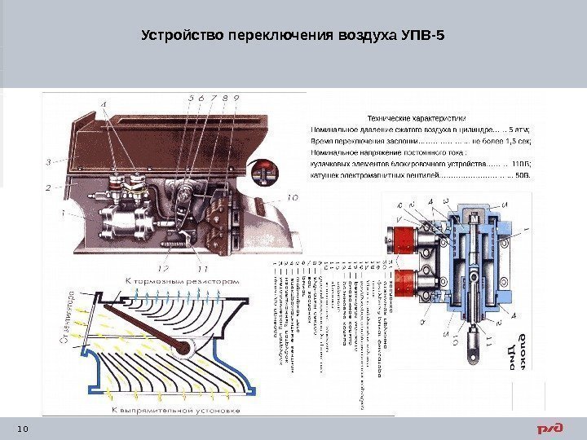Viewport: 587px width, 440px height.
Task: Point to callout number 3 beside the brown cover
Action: [49, 161]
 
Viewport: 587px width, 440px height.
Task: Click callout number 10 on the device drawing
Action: [292, 196]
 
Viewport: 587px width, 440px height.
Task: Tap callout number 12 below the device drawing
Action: [163, 267]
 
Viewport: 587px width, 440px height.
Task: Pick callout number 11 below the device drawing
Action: [201, 267]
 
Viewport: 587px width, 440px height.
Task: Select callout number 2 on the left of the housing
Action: [48, 187]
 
